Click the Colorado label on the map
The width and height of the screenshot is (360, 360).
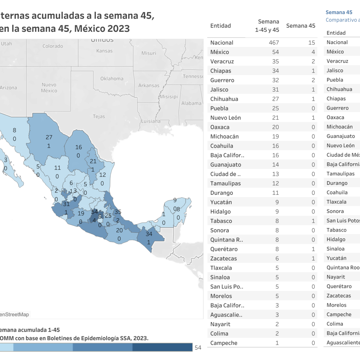(53, 46)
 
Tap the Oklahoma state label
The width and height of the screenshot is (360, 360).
(112, 79)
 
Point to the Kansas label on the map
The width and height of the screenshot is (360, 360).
(104, 51)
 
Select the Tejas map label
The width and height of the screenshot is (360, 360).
(99, 116)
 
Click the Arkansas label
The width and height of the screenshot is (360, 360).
(149, 85)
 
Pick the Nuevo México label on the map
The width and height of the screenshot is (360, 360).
(49, 88)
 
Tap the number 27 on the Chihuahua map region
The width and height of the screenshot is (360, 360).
(49, 137)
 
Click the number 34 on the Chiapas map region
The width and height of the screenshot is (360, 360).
(149, 234)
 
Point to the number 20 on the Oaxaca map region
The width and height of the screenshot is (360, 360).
(119, 230)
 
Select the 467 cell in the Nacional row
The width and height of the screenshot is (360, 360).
(274, 43)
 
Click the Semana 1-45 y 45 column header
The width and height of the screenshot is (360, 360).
(267, 26)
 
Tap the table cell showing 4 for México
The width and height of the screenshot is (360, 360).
(313, 52)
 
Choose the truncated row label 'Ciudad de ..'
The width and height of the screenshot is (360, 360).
(225, 174)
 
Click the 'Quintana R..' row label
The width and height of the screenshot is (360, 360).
(226, 240)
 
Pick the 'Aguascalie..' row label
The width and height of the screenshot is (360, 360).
(226, 315)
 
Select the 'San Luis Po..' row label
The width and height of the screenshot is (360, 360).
(226, 286)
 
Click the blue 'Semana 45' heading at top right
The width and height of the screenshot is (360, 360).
(339, 12)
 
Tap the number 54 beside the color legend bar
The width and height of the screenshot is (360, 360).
(198, 348)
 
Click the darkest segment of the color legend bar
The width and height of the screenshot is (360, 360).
(162, 347)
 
